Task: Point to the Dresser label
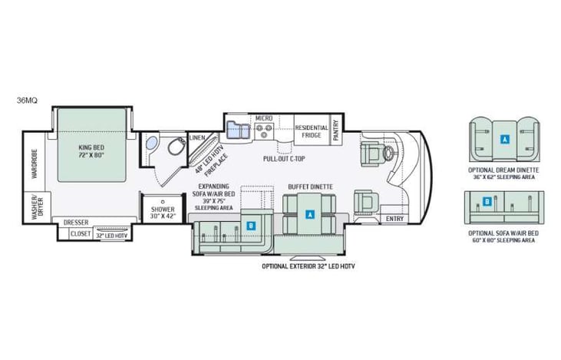pyautogui.click(x=76, y=223)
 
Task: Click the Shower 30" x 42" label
pyautogui.click(x=162, y=213)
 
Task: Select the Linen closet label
pyautogui.click(x=197, y=138)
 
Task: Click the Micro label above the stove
pyautogui.click(x=264, y=118)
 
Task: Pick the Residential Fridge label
pyautogui.click(x=312, y=132)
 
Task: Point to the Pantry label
pyautogui.click(x=336, y=134)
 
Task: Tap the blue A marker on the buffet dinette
pyautogui.click(x=310, y=216)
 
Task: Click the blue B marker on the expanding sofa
pyautogui.click(x=251, y=226)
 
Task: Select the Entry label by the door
pyautogui.click(x=394, y=220)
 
